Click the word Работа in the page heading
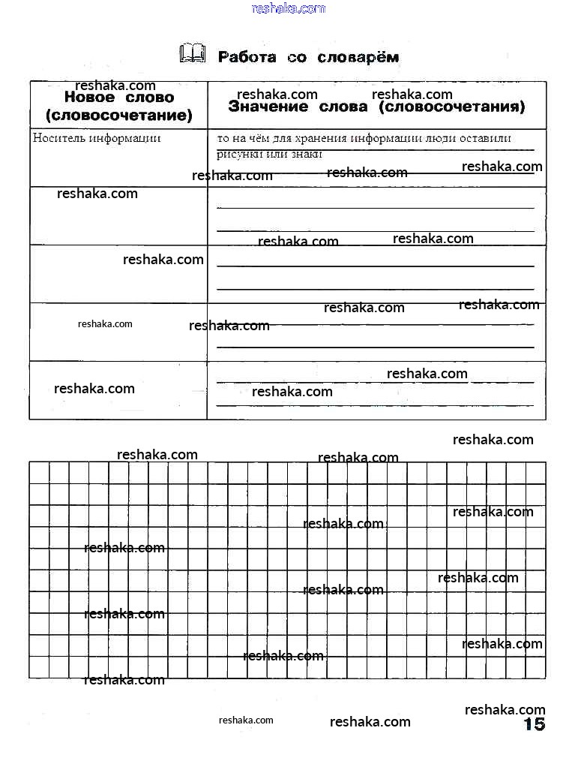click(x=247, y=57)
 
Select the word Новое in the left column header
click(x=89, y=98)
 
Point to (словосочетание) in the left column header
click(x=118, y=116)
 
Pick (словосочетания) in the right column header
click(x=452, y=107)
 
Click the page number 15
click(x=534, y=724)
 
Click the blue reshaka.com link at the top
click(x=289, y=8)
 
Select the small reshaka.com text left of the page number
click(x=246, y=720)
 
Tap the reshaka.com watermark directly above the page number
click(x=505, y=709)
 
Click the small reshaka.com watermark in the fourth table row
click(x=105, y=324)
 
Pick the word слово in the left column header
click(x=147, y=98)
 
